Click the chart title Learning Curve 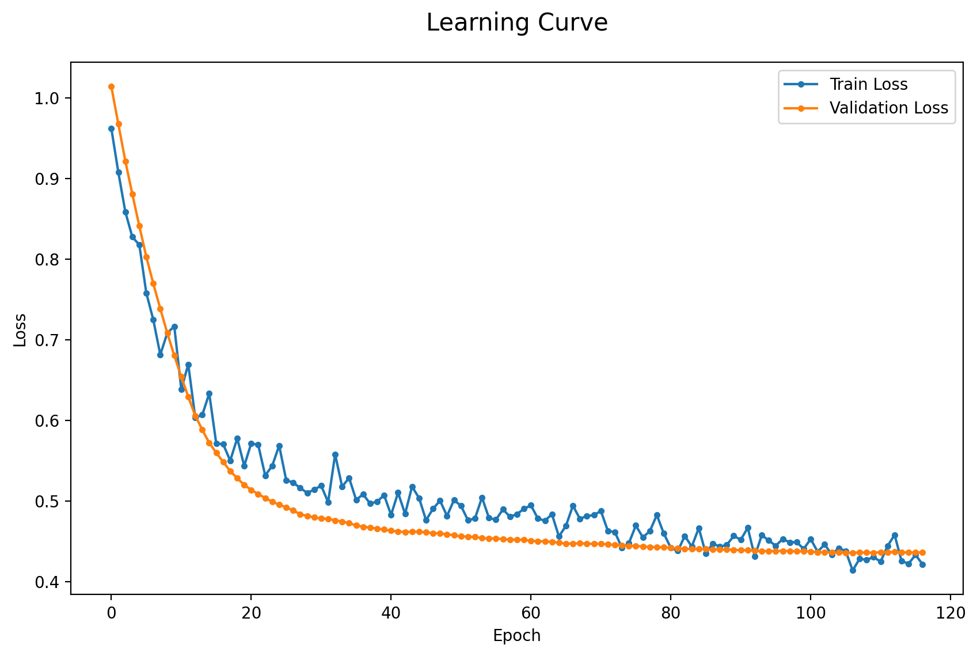(x=517, y=22)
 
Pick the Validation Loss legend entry (x=866, y=108)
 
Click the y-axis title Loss (x=20, y=331)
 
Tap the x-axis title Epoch (x=517, y=635)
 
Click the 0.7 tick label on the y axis (x=47, y=340)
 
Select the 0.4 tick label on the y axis (x=47, y=582)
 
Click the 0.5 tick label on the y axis (x=47, y=502)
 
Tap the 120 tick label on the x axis (x=951, y=613)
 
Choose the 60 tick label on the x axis (x=531, y=613)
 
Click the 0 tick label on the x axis (x=111, y=613)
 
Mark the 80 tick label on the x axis (x=671, y=613)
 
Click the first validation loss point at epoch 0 (x=111, y=87)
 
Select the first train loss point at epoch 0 (x=111, y=129)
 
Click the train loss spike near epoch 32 (x=336, y=455)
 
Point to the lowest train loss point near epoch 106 (x=853, y=570)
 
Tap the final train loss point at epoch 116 (x=922, y=565)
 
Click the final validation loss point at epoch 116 (x=922, y=552)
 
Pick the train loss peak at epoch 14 (x=210, y=394)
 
